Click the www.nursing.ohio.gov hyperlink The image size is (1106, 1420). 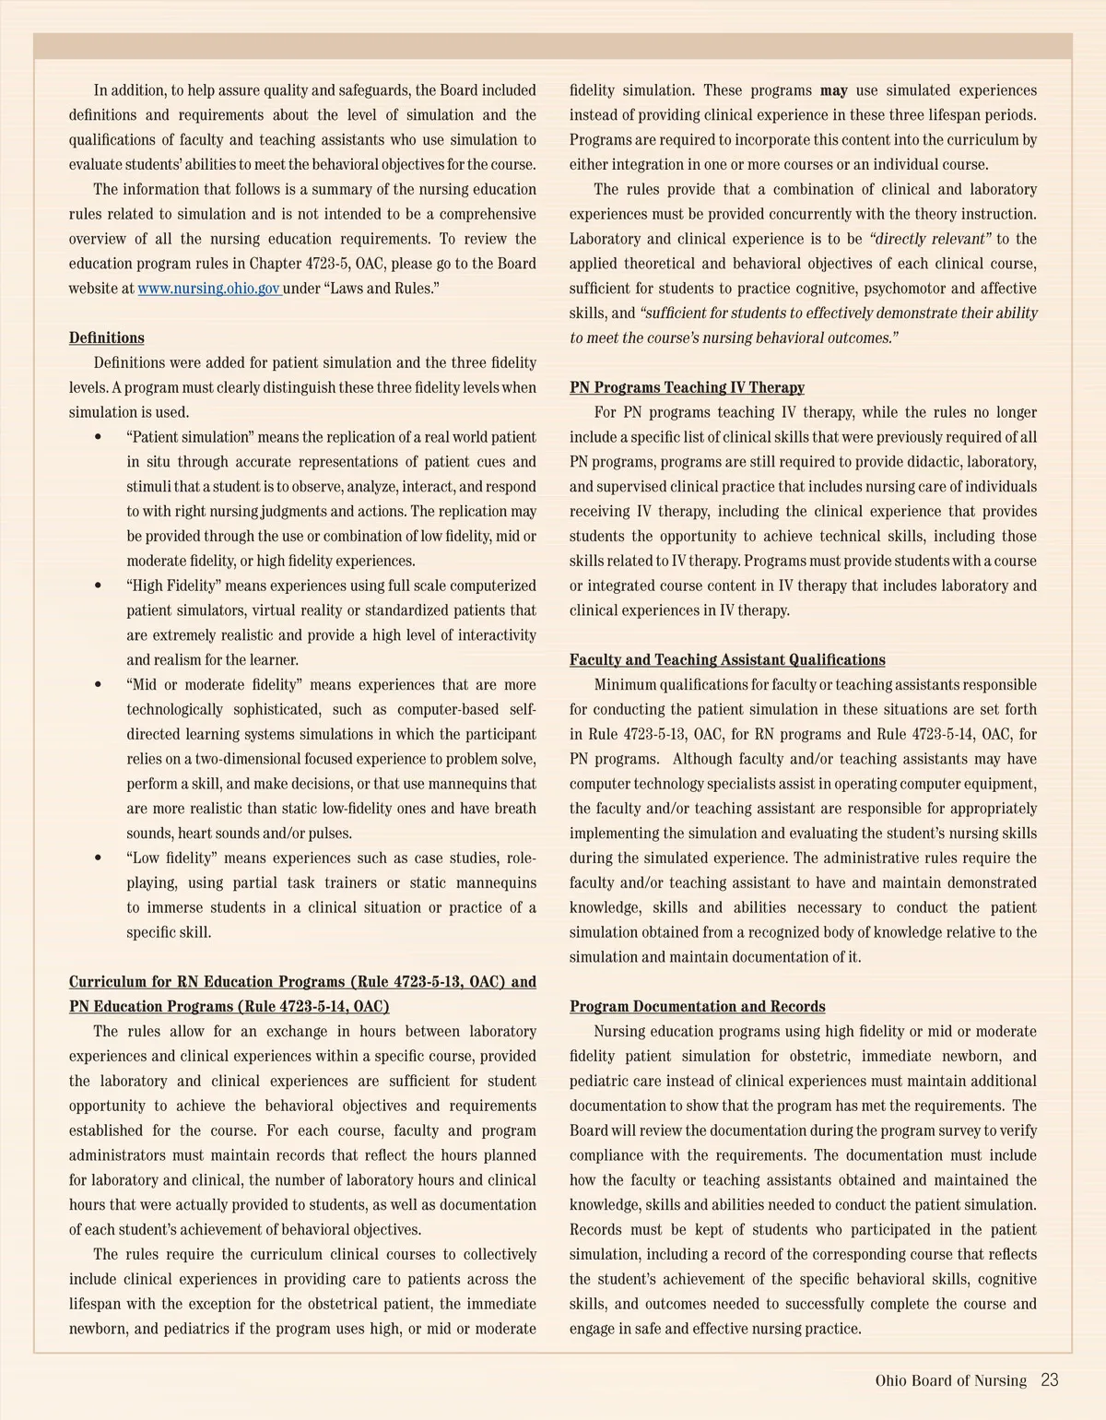coord(208,289)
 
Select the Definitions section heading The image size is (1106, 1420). coord(106,337)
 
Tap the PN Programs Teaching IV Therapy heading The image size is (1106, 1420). coord(687,387)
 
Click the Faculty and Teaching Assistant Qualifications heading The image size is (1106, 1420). coord(727,659)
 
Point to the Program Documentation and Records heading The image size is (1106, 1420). coord(697,1006)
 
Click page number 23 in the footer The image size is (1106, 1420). coord(1049,1380)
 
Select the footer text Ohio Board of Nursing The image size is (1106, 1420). coord(950,1380)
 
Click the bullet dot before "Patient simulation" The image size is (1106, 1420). coord(99,437)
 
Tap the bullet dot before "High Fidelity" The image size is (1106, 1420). coord(99,586)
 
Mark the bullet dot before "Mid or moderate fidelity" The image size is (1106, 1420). coord(99,685)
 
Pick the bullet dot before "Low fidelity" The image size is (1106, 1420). coord(99,858)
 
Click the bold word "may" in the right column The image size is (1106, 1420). coord(833,90)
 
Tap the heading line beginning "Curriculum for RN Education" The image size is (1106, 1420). coord(302,981)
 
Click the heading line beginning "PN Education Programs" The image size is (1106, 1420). coord(229,1006)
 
